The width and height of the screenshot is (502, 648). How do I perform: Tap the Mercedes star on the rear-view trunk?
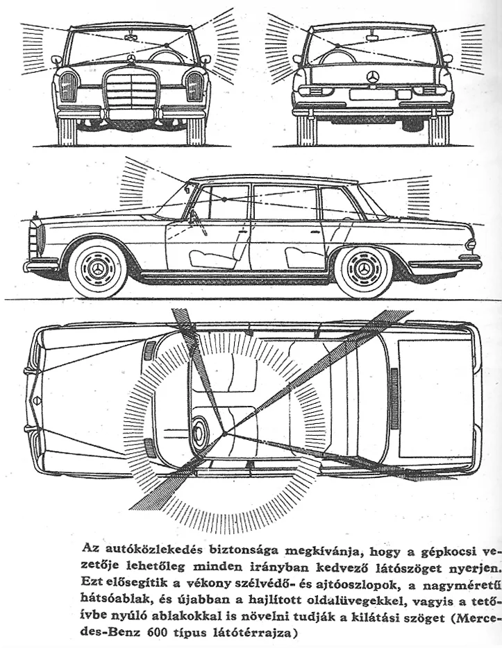pyautogui.click(x=372, y=76)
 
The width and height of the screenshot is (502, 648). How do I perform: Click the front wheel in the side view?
pyautogui.click(x=98, y=268)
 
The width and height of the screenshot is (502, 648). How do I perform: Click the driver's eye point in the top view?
pyautogui.click(x=225, y=434)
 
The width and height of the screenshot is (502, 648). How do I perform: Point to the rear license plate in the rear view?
pyautogui.click(x=372, y=94)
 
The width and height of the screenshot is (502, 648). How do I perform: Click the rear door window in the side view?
pyautogui.click(x=285, y=203)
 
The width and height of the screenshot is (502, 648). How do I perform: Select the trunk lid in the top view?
pyautogui.click(x=435, y=398)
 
